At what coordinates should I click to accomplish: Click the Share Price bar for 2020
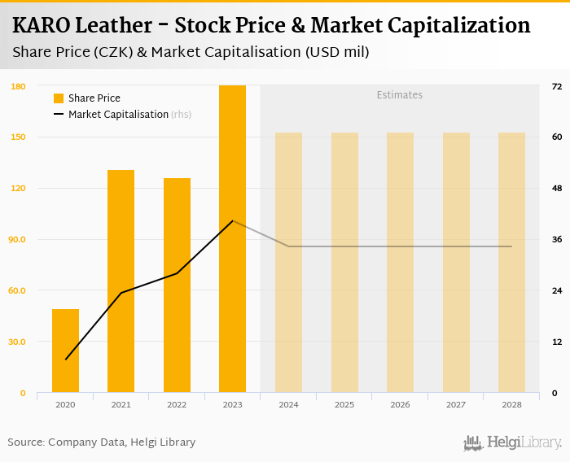65,351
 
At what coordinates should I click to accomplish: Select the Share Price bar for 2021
121,281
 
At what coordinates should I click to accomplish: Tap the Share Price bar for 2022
177,285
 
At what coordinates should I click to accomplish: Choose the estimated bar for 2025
344,262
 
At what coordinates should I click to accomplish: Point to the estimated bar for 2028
511,262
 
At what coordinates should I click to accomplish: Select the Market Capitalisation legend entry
118,115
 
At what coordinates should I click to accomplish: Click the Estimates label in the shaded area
399,95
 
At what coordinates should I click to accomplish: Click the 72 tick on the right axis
557,86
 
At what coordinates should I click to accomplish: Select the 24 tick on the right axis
557,290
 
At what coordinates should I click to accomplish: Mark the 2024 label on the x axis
288,404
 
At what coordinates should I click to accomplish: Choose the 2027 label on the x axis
456,404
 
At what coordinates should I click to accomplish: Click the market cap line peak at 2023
232,220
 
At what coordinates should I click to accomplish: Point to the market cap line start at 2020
65,359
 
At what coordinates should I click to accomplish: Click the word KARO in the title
42,25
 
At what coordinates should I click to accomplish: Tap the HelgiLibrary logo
512,442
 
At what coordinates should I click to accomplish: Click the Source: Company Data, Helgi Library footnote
102,442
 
